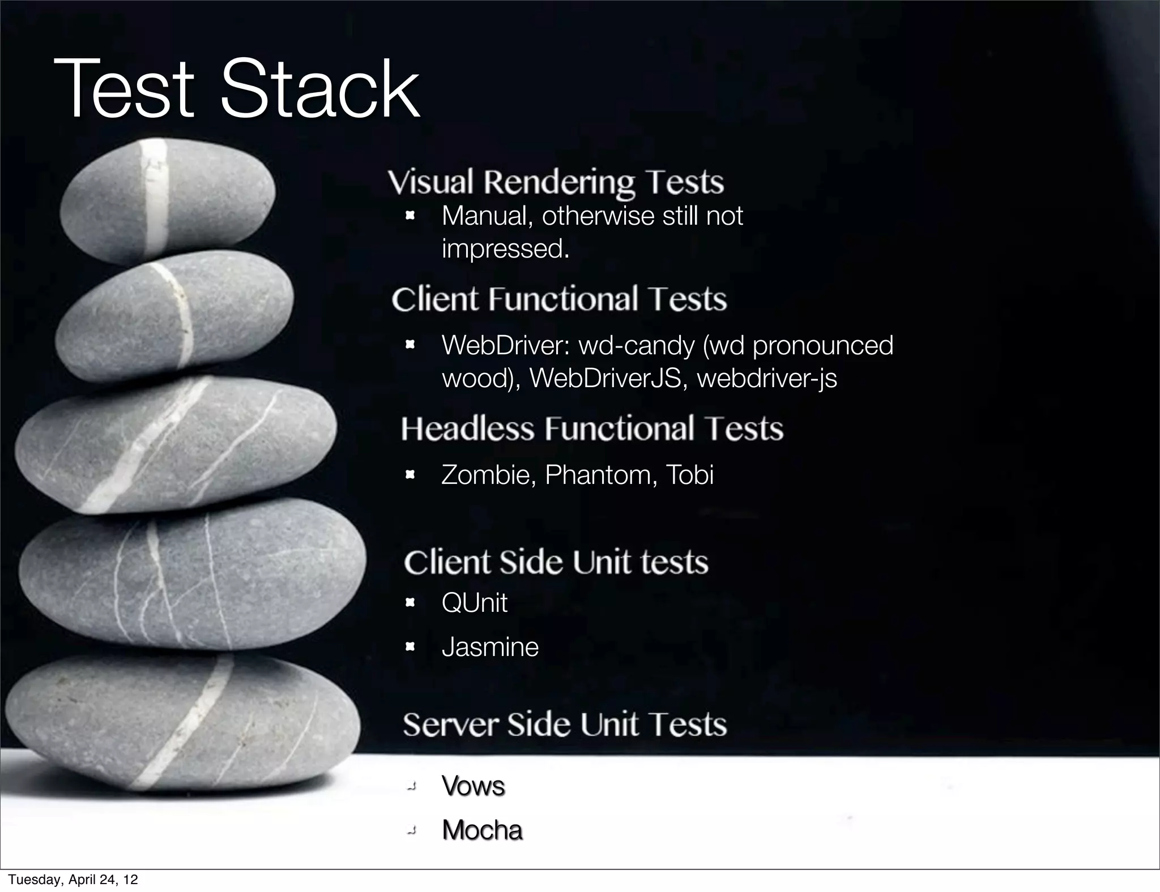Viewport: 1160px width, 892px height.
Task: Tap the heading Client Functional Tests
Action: coord(559,299)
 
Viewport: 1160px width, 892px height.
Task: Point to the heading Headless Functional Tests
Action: coord(592,428)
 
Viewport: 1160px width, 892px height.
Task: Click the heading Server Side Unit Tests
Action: coord(565,724)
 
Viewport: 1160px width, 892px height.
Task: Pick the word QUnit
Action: coord(475,602)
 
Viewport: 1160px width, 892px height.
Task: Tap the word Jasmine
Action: coord(490,646)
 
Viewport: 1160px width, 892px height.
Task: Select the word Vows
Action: coord(473,786)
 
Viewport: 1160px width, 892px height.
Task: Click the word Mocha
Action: coord(482,830)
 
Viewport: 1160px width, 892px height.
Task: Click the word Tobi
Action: coord(689,475)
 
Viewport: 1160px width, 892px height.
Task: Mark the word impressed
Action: coord(505,249)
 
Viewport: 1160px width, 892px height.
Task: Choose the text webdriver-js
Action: coord(766,378)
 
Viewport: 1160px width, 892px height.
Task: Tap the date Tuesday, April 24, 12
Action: coord(73,880)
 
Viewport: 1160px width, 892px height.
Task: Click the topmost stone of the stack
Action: coord(168,201)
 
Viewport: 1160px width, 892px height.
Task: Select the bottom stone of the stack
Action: coord(181,722)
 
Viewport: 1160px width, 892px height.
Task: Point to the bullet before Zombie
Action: coord(411,475)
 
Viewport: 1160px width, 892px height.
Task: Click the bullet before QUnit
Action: coord(411,603)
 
